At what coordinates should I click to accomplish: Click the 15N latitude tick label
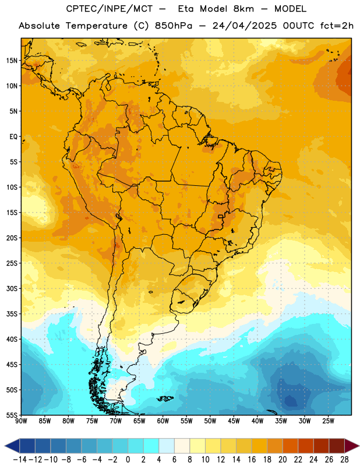(12, 61)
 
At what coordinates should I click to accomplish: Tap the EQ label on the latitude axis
(13, 137)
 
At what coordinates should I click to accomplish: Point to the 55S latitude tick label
(12, 415)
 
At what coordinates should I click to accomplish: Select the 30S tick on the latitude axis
(12, 288)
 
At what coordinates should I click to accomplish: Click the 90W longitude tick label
(21, 421)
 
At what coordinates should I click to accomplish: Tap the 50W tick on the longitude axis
(210, 421)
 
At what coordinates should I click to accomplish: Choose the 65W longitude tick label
(139, 421)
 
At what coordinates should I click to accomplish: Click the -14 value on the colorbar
(20, 460)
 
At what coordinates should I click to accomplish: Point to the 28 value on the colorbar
(344, 460)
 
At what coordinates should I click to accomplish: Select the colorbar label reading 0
(128, 460)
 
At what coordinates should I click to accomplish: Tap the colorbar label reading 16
(252, 460)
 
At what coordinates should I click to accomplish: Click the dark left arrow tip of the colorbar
(5, 446)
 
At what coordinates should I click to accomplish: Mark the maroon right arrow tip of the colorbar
(358, 446)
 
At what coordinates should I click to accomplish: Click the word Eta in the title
(186, 9)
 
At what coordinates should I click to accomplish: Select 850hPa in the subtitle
(174, 26)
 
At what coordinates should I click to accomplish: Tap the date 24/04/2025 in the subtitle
(244, 26)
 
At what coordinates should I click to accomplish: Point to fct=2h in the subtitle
(337, 26)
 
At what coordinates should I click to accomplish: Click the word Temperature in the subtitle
(96, 26)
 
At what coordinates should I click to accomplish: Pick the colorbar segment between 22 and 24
(306, 446)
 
